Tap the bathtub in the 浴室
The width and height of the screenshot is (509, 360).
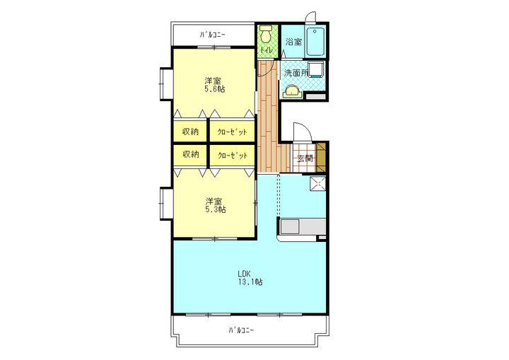315,41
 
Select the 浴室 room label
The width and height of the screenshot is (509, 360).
293,42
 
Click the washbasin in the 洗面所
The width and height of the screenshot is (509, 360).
293,92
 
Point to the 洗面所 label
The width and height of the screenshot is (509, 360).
296,73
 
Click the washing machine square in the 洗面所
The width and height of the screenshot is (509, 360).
315,69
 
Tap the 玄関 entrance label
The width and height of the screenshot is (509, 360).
305,158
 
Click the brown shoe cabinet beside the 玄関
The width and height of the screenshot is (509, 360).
321,158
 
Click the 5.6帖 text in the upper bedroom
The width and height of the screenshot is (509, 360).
214,88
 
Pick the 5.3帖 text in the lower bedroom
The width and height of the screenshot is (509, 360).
215,209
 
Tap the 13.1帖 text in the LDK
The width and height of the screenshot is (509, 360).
250,282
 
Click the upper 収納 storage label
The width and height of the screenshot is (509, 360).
190,132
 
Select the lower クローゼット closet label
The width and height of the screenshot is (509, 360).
233,156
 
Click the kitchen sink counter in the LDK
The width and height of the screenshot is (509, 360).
302,227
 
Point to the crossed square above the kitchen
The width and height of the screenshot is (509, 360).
318,184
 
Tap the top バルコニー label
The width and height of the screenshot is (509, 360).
213,35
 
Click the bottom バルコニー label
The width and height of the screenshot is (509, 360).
241,330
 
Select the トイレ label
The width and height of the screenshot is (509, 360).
267,50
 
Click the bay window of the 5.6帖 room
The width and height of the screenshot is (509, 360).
165,83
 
